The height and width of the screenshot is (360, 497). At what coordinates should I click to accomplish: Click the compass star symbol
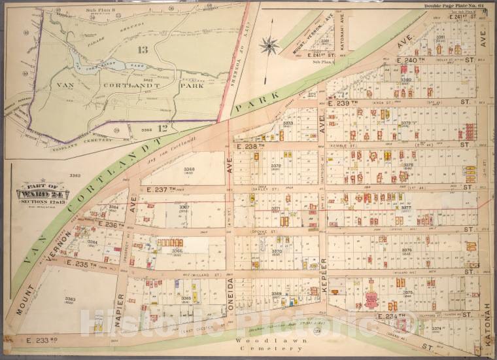pos(269,46)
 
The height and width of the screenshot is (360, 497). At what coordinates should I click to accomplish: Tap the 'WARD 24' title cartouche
pos(43,194)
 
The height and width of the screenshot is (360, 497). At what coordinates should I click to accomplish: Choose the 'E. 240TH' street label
pos(411,60)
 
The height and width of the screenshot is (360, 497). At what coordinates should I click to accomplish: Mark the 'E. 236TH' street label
pos(111,225)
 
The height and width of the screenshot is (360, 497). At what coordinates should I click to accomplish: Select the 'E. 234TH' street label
pos(396,315)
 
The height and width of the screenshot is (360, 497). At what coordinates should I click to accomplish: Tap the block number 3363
pos(70,299)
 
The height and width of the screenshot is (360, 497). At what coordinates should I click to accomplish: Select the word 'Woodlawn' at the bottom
pos(253,341)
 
